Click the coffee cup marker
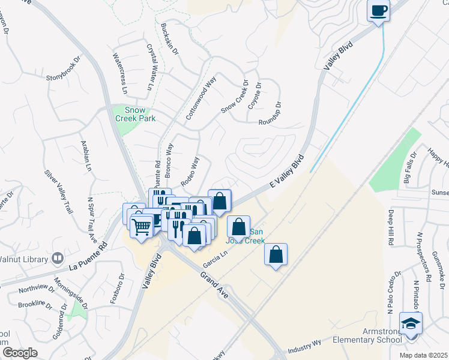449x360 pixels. [x=378, y=11]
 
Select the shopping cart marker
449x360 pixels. [x=142, y=227]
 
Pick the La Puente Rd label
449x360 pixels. [x=88, y=256]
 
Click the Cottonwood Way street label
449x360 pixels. [x=201, y=98]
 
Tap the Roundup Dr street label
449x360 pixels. [x=270, y=113]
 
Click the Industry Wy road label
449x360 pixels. [x=304, y=347]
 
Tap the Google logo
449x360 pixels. [x=20, y=353]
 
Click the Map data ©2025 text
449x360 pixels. [x=423, y=355]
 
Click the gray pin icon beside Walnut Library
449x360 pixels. [x=58, y=259]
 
